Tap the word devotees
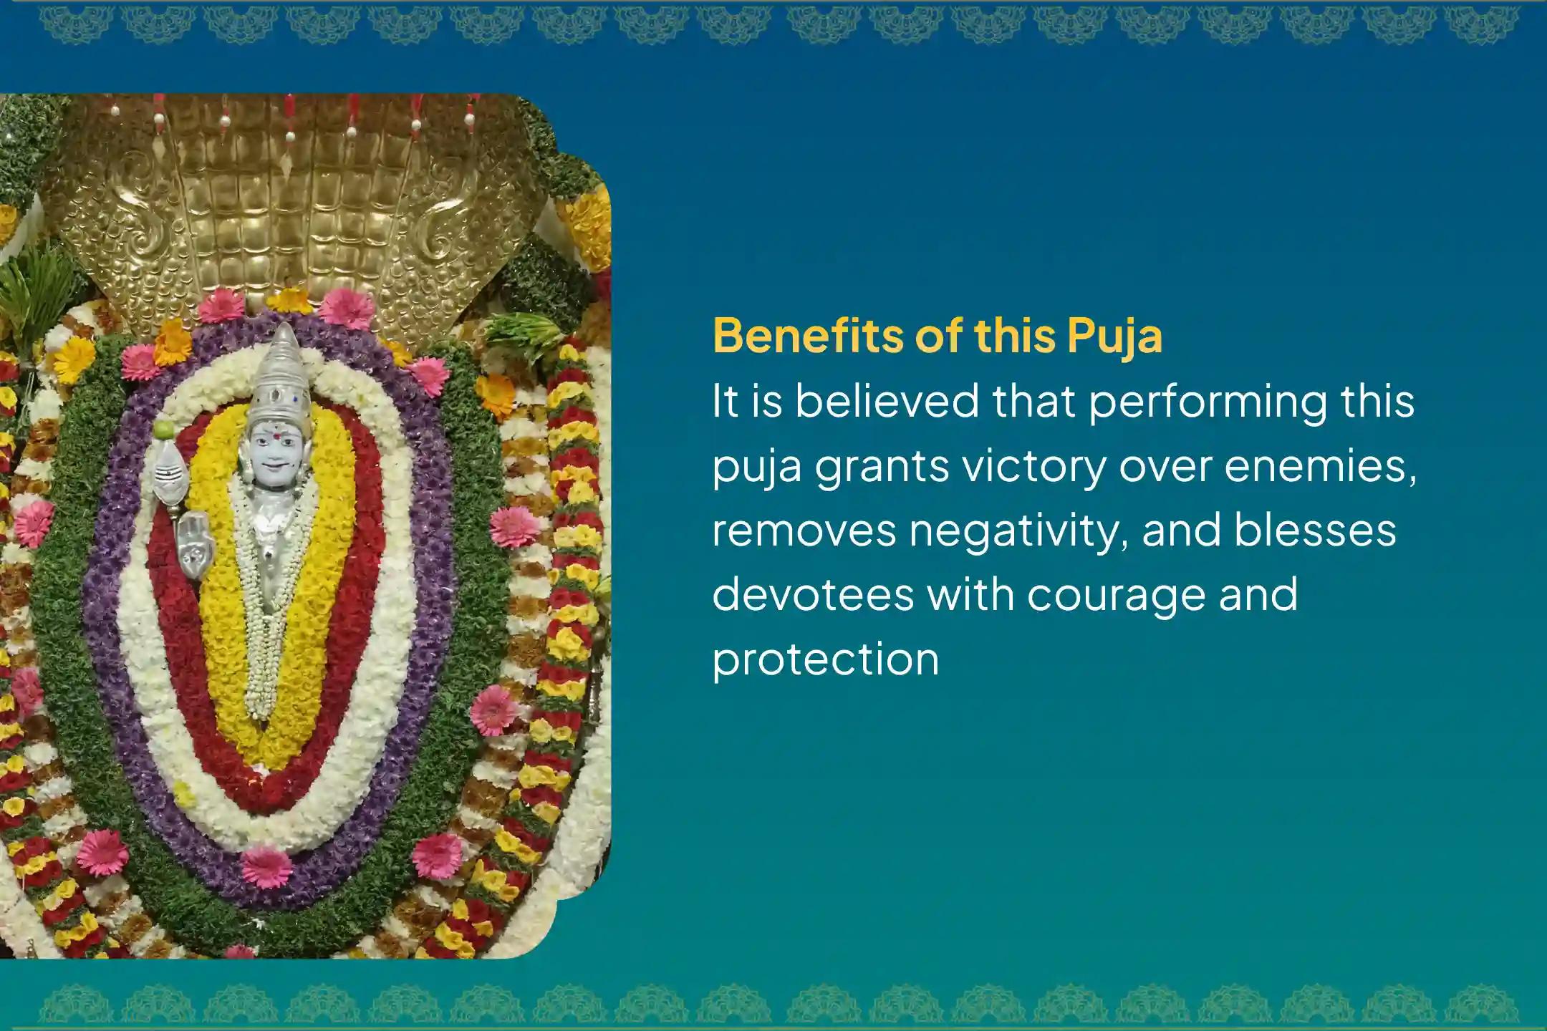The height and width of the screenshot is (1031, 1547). [x=813, y=594]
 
